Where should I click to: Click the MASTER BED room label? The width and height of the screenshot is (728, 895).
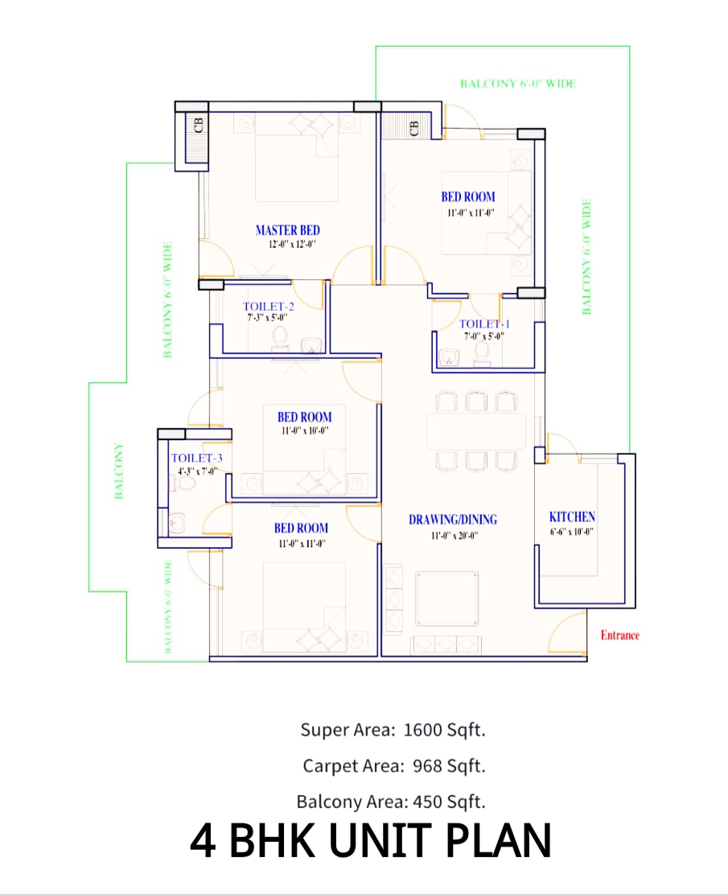point(287,230)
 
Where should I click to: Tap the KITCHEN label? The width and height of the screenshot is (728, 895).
point(572,517)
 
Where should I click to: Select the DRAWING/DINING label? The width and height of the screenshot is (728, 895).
point(452,519)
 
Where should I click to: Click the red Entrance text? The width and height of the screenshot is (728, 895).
point(620,635)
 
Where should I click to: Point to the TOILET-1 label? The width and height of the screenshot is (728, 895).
point(484,324)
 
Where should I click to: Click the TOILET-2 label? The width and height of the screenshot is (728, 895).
point(269,306)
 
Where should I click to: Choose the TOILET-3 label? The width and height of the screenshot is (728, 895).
point(196,458)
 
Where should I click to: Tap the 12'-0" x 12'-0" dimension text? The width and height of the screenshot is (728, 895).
point(287,245)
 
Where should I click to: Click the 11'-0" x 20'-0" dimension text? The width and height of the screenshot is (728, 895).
point(452,534)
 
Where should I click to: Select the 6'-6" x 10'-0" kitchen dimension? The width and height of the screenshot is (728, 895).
point(572,532)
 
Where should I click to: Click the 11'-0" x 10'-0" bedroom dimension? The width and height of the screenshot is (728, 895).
point(304,431)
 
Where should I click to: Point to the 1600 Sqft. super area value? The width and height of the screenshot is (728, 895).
point(445,731)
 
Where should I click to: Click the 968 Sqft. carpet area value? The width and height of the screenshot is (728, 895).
point(449,766)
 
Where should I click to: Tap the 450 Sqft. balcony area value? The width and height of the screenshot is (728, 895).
point(449,802)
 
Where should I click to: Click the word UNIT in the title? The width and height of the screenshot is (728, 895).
point(371,841)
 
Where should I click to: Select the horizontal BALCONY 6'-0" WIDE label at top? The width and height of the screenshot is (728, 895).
point(518,83)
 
